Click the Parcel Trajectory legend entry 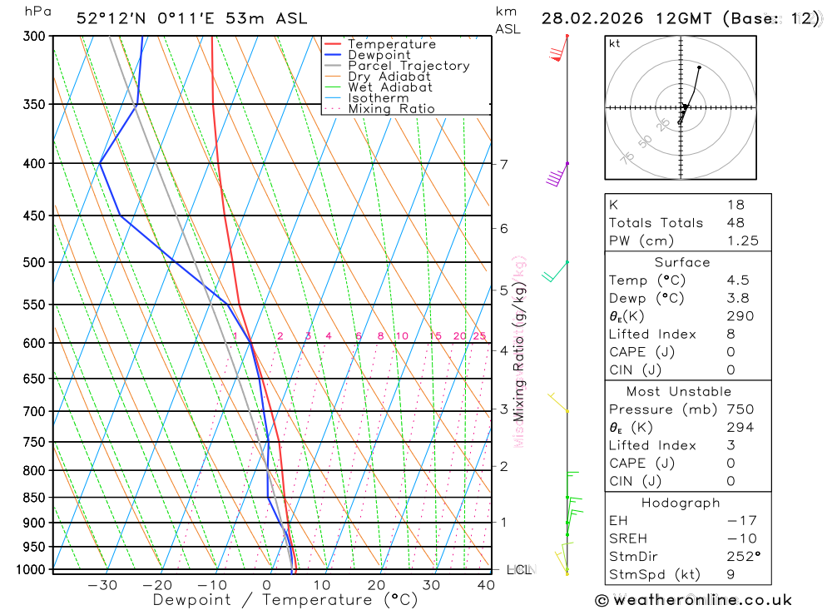point(408,66)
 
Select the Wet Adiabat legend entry point(389,87)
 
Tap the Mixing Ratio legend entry point(391,109)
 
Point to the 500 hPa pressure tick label point(34,262)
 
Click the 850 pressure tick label point(34,498)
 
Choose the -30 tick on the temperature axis point(102,585)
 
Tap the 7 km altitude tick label point(503,164)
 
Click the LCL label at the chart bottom point(519,570)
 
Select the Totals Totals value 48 point(735,223)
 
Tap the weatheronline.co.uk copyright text point(694,600)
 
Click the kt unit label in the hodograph point(615,43)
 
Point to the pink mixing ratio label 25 point(479,336)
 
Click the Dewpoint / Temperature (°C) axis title point(285,600)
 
